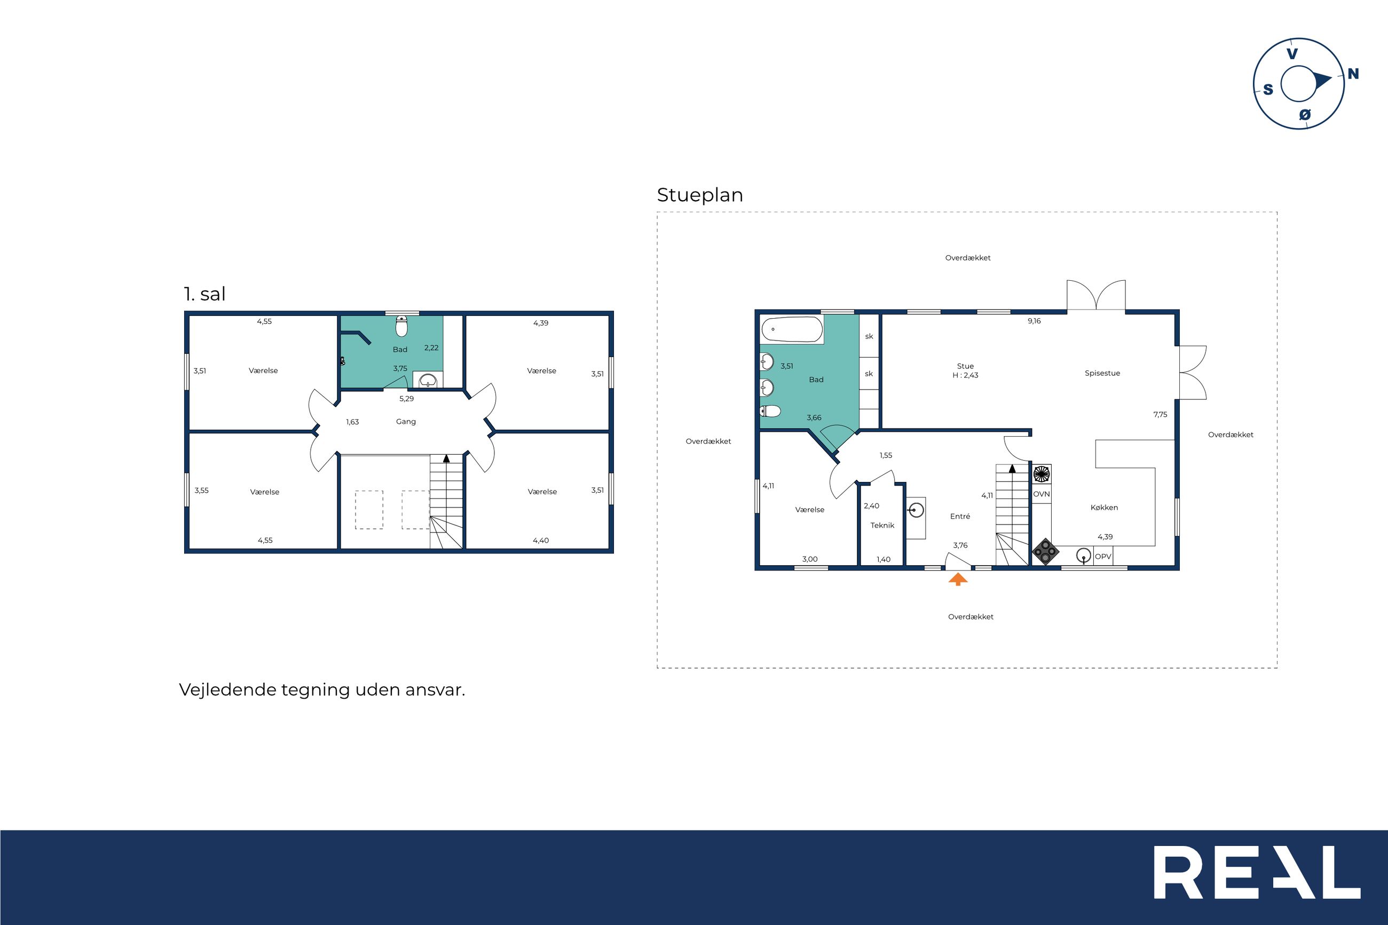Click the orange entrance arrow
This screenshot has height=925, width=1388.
[x=958, y=579]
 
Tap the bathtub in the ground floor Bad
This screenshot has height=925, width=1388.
[x=792, y=330]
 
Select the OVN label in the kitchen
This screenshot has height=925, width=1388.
[x=1041, y=494]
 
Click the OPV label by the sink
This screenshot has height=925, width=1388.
[x=1103, y=556]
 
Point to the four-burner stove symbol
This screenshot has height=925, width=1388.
[x=1045, y=552]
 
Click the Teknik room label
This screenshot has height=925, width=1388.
[x=882, y=525]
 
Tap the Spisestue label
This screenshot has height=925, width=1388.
[x=1102, y=374]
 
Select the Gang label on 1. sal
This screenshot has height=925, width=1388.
[x=406, y=422]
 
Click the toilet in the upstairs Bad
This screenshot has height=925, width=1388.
[x=401, y=326]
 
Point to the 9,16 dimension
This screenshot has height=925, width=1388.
[x=1034, y=321]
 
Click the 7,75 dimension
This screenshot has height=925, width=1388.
[x=1160, y=415]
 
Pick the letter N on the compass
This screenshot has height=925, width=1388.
[x=1353, y=74]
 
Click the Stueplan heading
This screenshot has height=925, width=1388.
[x=699, y=195]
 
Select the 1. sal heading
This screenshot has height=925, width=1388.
[x=204, y=294]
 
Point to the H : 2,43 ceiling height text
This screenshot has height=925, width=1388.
[x=966, y=375]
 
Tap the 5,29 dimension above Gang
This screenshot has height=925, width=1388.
[x=406, y=399]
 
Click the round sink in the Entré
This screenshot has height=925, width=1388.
[x=916, y=509]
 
